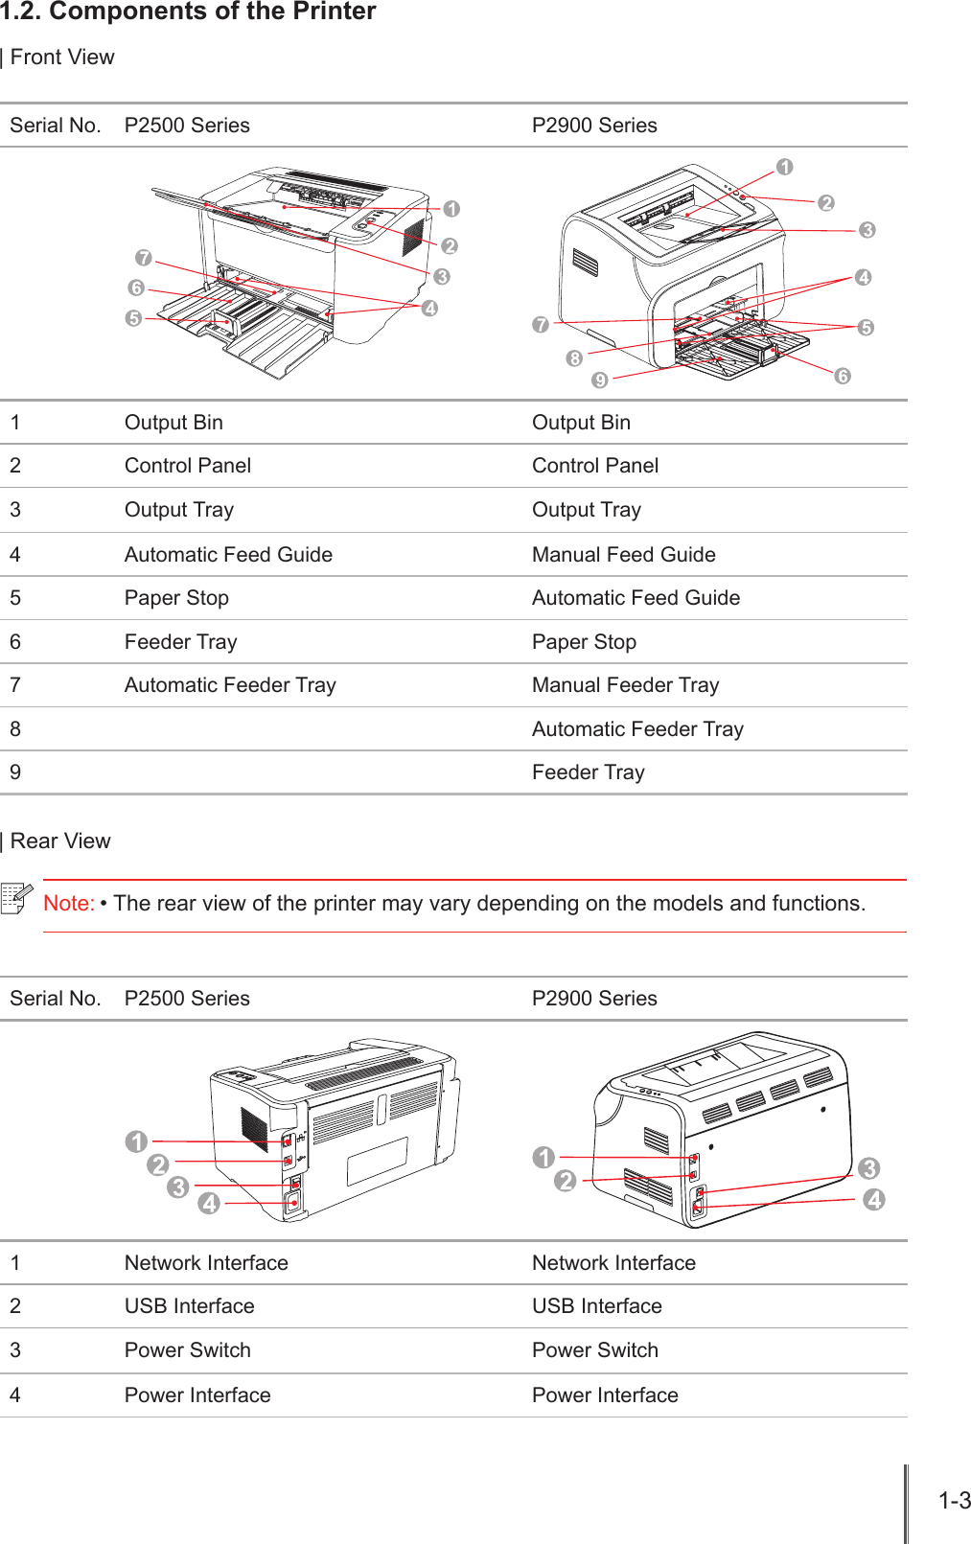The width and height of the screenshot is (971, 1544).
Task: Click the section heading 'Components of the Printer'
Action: tap(212, 12)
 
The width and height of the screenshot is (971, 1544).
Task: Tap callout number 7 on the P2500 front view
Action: tap(144, 258)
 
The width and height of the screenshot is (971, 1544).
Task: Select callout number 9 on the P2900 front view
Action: tap(600, 380)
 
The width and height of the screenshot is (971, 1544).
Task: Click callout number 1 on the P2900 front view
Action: tap(785, 168)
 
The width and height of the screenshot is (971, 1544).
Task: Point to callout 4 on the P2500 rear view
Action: tap(209, 1203)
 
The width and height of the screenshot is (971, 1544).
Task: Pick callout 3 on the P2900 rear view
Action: tap(869, 1168)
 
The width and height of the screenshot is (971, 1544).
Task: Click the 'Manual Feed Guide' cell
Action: tap(623, 554)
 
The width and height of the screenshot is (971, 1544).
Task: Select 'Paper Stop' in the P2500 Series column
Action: tap(176, 598)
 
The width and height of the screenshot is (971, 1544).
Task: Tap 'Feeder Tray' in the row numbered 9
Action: tap(588, 772)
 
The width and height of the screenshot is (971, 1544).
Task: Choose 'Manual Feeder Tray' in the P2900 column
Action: tap(625, 685)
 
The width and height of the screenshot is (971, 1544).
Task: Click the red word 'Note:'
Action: tap(68, 903)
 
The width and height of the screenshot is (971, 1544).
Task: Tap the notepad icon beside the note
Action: tap(17, 898)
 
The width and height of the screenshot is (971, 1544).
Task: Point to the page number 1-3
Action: tap(954, 1501)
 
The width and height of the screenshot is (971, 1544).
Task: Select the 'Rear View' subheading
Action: tap(59, 841)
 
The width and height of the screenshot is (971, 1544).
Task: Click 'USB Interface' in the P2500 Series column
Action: tap(189, 1306)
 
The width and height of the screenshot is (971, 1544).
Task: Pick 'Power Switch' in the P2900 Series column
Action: tap(594, 1350)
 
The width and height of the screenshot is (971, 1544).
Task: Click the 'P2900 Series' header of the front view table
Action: tap(594, 126)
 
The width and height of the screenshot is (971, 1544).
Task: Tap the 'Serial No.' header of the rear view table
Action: tap(55, 999)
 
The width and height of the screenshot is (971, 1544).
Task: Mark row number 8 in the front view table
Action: tap(15, 729)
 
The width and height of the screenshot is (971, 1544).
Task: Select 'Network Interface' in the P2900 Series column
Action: tap(613, 1263)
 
